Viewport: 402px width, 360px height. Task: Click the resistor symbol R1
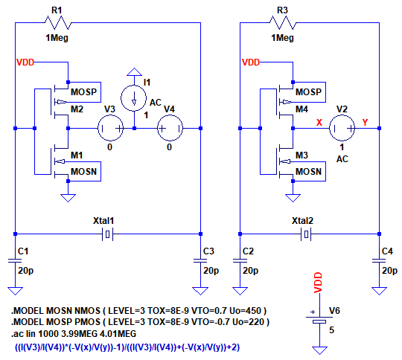(x=58, y=23)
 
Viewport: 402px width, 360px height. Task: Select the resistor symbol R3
(x=283, y=23)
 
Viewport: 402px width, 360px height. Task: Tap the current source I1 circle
(x=134, y=98)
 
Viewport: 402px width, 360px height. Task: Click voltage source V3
(x=110, y=128)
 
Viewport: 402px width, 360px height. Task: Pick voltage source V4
(x=170, y=128)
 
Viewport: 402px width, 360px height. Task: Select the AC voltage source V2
(x=342, y=128)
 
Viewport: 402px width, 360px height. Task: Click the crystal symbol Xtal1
(x=108, y=234)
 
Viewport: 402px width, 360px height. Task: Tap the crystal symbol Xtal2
(x=306, y=234)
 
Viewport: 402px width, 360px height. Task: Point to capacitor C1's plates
(x=15, y=260)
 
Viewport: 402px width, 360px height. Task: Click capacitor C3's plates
(x=200, y=260)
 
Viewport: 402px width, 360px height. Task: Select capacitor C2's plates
(x=240, y=260)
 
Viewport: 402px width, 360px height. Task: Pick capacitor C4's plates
(x=379, y=260)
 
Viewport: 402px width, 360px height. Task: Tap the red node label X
(x=319, y=123)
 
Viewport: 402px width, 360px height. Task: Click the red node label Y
(x=365, y=123)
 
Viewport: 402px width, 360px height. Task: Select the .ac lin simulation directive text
(x=74, y=334)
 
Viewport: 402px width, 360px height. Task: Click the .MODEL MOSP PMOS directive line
(x=140, y=322)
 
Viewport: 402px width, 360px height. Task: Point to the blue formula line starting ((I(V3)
(x=127, y=347)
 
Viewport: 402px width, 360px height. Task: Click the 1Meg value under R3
(x=283, y=38)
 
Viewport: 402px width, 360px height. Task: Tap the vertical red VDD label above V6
(x=318, y=283)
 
